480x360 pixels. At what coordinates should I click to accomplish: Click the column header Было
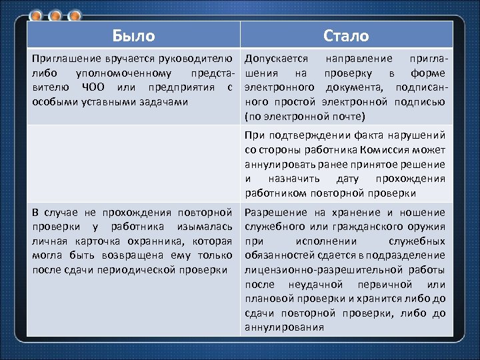tap(133, 35)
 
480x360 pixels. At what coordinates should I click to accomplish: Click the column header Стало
tap(345, 35)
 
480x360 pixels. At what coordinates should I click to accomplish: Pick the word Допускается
tap(276, 59)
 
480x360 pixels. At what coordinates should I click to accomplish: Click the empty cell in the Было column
tap(133, 163)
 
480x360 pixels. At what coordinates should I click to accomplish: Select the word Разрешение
tap(277, 212)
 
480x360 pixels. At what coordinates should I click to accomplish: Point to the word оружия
tap(427, 226)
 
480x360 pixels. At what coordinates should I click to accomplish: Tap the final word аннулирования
tap(284, 327)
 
